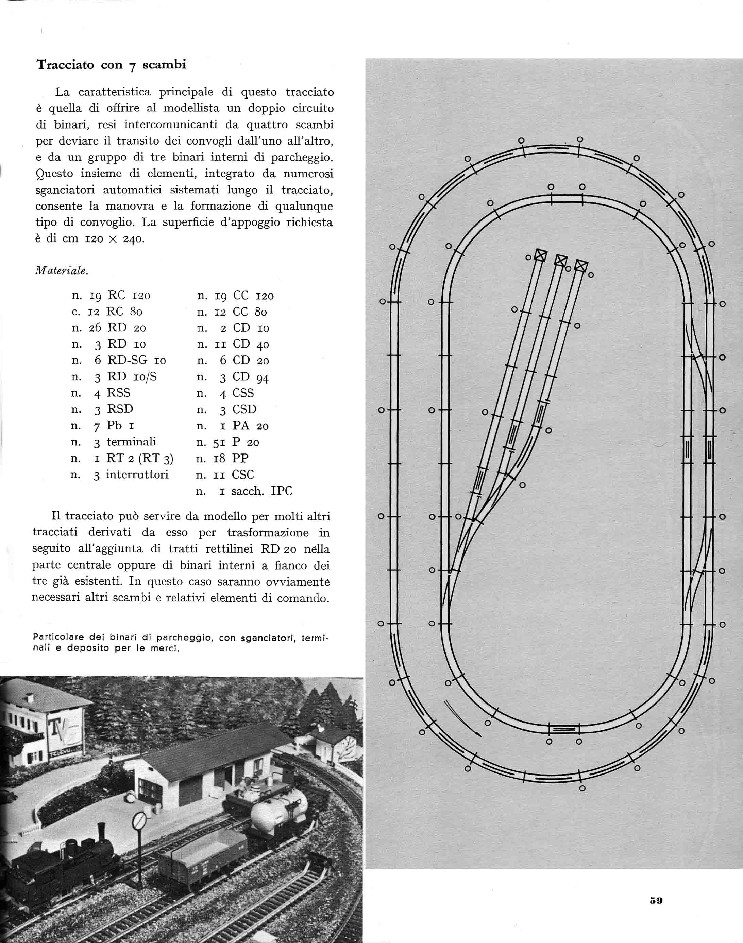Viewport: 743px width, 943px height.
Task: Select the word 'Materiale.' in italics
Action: [x=61, y=271]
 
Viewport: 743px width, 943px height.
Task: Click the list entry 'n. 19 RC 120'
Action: [x=111, y=296]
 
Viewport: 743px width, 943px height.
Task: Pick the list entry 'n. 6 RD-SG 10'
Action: [x=118, y=360]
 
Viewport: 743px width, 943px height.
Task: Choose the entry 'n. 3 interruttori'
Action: [x=119, y=475]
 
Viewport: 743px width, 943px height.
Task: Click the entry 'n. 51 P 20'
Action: [x=228, y=442]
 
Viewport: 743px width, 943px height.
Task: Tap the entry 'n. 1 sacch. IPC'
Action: [x=244, y=491]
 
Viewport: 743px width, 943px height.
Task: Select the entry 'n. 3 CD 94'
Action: [x=233, y=377]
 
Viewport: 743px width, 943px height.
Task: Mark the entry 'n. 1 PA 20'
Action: [x=233, y=426]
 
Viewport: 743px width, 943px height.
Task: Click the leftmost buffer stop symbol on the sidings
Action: [x=540, y=255]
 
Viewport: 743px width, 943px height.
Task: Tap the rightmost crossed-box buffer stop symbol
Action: [x=581, y=266]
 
